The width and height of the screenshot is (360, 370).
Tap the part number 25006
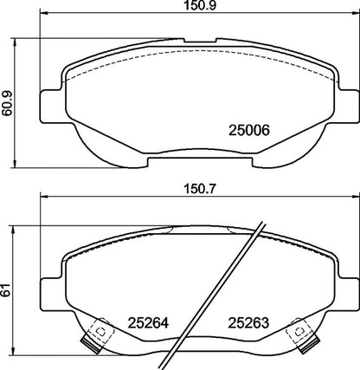tap(247, 130)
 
